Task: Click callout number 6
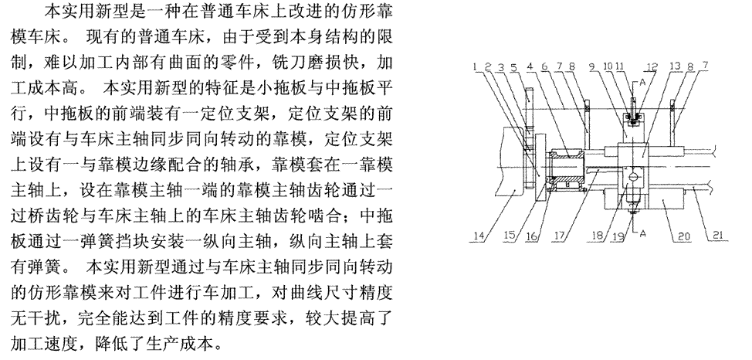(x=553, y=68)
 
